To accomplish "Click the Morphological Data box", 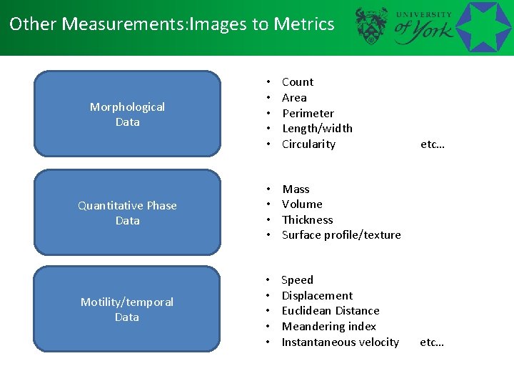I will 127,114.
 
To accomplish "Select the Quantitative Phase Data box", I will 127,212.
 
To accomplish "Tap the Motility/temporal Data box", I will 127,309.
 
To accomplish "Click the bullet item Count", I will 298,82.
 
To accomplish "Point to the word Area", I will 294,98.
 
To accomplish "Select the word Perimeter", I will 308,114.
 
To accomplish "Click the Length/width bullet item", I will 317,129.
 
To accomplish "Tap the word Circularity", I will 308,144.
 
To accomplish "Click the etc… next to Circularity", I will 433,144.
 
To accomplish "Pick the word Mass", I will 296,189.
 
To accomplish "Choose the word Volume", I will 302,204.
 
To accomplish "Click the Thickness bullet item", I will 307,220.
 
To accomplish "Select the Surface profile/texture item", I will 341,235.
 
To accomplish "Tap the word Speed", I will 297,280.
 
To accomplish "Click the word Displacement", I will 317,296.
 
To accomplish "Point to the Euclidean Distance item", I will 331,311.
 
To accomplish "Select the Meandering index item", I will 328,327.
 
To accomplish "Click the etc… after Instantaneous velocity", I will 432,342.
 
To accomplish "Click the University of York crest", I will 372,26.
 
